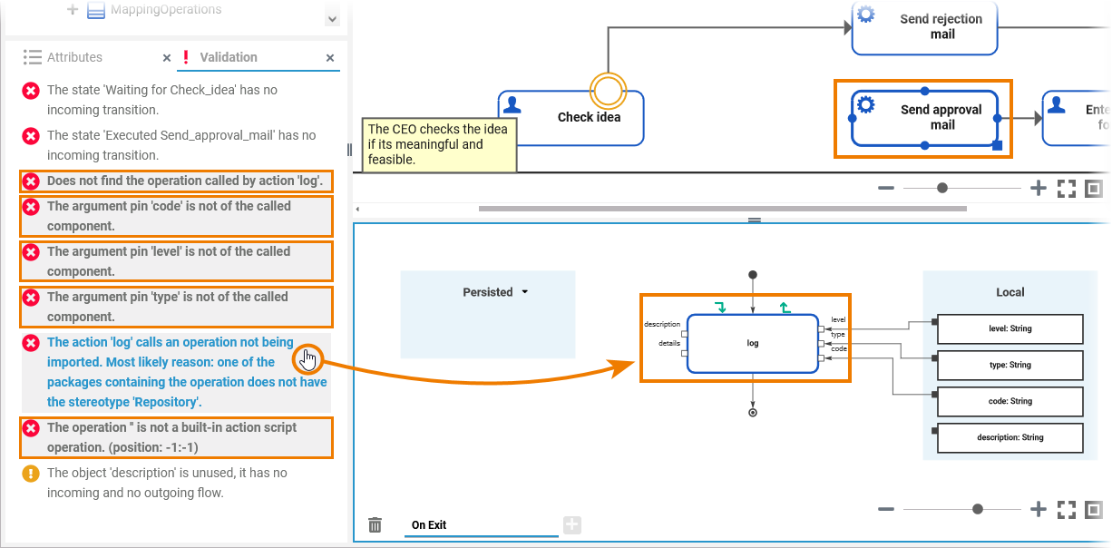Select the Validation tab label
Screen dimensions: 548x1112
(228, 57)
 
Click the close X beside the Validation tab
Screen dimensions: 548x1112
(330, 57)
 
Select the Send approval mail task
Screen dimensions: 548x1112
(924, 118)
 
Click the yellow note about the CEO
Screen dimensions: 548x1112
(439, 144)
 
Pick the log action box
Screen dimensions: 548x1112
(752, 343)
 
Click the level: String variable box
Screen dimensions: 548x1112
(1010, 328)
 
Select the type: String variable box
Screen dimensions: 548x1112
(1010, 365)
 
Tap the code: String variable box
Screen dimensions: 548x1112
(1010, 401)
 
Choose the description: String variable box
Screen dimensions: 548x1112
(1010, 437)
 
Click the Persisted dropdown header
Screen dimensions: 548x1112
(495, 292)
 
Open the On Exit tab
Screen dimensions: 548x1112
(429, 525)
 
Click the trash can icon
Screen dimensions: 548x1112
(375, 525)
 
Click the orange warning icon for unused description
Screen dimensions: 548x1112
(31, 474)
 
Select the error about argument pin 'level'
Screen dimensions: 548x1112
(169, 261)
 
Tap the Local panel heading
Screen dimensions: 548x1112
(1010, 292)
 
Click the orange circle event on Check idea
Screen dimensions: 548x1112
(608, 90)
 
